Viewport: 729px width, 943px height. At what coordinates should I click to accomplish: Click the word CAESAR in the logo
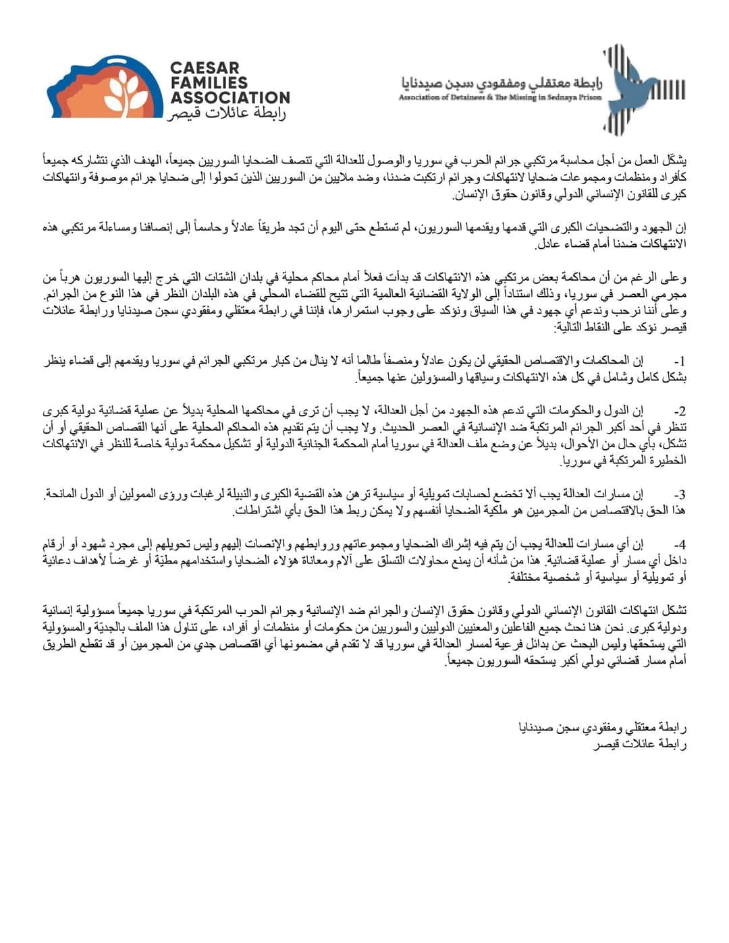(x=205, y=68)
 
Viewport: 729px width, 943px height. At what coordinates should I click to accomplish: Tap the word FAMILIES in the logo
(x=209, y=82)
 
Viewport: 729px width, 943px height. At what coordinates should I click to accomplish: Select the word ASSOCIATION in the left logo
(x=230, y=98)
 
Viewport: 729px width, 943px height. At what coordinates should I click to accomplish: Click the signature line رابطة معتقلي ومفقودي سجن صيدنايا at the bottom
(x=601, y=728)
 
